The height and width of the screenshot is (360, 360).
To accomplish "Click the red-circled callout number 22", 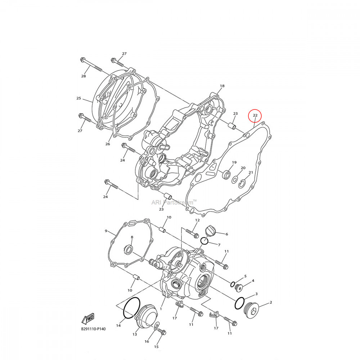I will [255, 115].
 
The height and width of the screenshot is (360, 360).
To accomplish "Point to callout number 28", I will [84, 76].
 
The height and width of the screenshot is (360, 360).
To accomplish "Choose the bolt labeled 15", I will [162, 332].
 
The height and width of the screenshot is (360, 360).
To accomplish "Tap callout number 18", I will [222, 86].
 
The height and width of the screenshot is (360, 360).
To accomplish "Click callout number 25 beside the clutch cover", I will [79, 98].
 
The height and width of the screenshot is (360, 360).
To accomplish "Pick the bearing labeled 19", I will [226, 175].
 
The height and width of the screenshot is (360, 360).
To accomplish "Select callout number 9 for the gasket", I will [106, 231].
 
